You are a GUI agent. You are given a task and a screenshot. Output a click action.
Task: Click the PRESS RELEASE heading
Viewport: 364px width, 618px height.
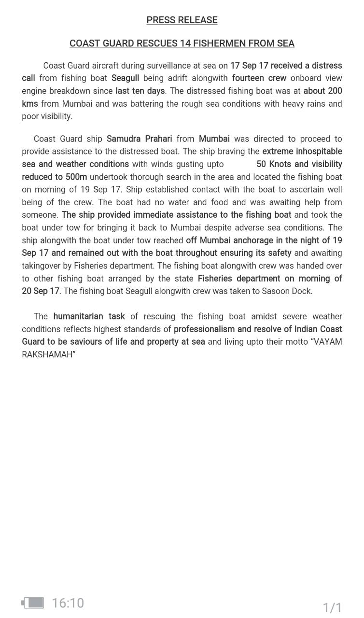(182, 20)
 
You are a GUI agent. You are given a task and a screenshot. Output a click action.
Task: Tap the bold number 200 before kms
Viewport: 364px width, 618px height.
(334, 91)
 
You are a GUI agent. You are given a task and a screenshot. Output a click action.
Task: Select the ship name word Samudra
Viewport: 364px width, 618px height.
(124, 139)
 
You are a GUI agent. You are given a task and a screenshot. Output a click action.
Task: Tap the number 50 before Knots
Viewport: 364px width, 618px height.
(261, 164)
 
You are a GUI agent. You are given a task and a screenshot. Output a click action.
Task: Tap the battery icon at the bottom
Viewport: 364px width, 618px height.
(33, 603)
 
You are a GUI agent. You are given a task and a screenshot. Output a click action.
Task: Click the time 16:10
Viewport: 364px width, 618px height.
(68, 603)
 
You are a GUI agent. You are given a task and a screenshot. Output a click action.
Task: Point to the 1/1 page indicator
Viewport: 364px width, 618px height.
(332, 607)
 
